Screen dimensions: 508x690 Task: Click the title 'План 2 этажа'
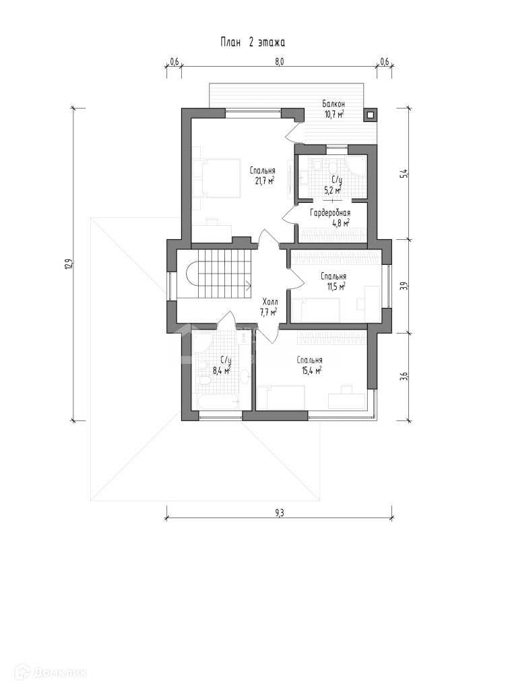(x=253, y=42)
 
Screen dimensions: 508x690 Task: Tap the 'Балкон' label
(x=333, y=104)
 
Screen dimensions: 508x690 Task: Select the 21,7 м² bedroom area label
(x=263, y=181)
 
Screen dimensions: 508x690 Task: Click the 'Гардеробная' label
(x=330, y=213)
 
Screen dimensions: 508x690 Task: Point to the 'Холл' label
(x=269, y=303)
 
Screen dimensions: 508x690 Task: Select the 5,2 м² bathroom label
(x=333, y=191)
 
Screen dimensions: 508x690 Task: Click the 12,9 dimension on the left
(x=67, y=264)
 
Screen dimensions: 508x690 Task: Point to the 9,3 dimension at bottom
(x=280, y=513)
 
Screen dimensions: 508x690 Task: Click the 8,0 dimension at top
(x=280, y=61)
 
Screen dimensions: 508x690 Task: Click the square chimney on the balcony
(x=370, y=115)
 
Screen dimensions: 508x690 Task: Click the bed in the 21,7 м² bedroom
(x=217, y=179)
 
